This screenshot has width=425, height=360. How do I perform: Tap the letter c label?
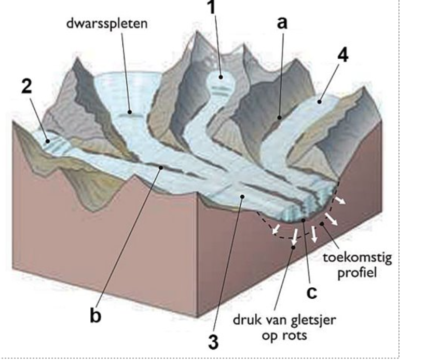[311, 292]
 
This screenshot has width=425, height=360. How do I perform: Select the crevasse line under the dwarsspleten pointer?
[131, 113]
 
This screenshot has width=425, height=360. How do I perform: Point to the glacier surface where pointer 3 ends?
[242, 196]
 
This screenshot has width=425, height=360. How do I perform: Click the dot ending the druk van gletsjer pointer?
[293, 247]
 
